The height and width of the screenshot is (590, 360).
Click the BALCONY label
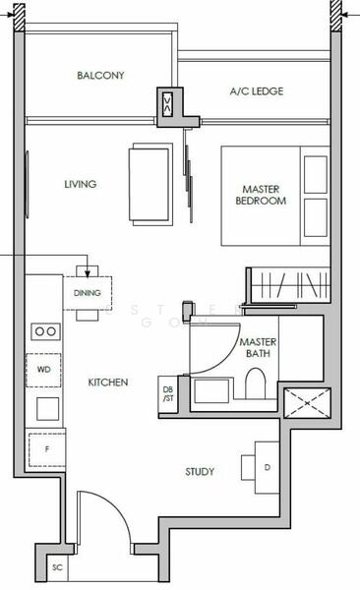coord(100,75)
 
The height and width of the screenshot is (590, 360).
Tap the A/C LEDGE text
coord(257,91)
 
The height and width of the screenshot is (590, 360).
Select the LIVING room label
coord(82,184)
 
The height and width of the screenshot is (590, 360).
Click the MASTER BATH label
coord(258,347)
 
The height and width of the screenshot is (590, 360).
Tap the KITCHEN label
coord(108,382)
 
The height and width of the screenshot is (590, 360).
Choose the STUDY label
coord(200,472)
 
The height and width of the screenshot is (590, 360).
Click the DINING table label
coord(89,292)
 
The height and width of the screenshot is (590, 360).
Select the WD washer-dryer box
coord(44,370)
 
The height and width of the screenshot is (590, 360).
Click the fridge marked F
coord(45,448)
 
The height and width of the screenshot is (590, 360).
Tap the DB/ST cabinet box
coord(169,394)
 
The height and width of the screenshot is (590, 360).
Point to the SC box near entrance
coord(56,567)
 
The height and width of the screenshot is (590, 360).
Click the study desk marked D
coord(267,467)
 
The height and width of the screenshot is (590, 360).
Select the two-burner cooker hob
coord(44,332)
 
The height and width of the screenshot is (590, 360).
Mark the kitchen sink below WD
coord(45,406)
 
